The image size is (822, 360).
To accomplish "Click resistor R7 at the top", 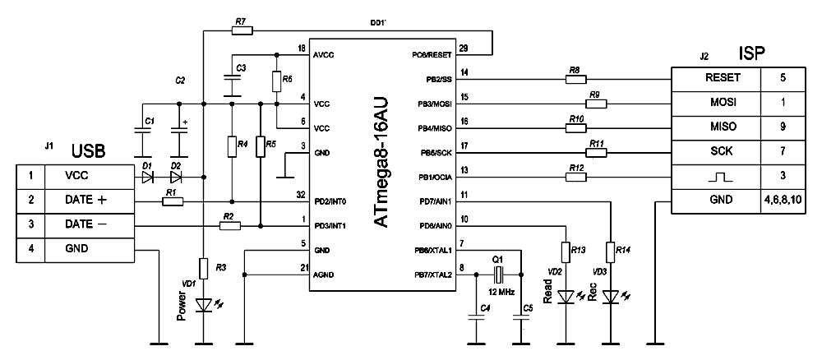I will (242, 30).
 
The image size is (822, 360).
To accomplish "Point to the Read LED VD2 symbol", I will (565, 296).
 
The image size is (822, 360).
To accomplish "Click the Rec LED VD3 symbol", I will (609, 296).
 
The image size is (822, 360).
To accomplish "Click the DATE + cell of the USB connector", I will (85, 200).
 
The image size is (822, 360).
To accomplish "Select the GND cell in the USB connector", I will (85, 249).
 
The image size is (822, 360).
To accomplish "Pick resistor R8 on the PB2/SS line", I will (575, 80).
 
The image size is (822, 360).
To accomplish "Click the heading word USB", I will (89, 151).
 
